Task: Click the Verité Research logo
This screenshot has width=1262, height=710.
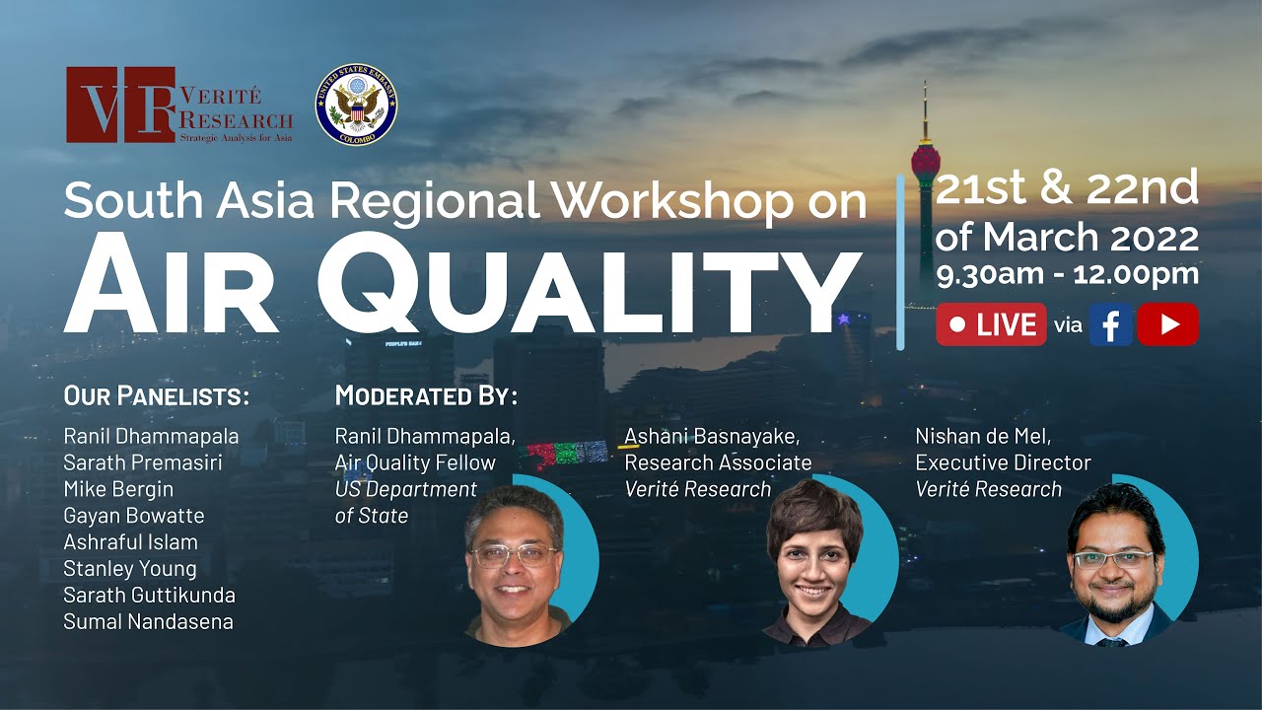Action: tap(179, 105)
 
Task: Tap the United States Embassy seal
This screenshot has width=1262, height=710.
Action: tap(356, 105)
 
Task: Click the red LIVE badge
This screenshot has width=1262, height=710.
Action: tap(991, 324)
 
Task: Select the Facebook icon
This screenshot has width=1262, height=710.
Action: tap(1111, 324)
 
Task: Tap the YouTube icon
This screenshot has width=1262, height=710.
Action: tap(1167, 324)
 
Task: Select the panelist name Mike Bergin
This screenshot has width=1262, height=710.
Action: tap(118, 488)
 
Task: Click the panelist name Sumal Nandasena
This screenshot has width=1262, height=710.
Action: tap(149, 621)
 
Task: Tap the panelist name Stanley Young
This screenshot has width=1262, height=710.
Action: tap(130, 568)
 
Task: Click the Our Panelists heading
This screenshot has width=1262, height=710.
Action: tap(157, 396)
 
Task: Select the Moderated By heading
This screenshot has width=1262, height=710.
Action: tap(426, 396)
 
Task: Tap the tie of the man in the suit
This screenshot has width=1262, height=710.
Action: tap(1112, 640)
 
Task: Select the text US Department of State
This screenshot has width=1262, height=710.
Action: tap(405, 502)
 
